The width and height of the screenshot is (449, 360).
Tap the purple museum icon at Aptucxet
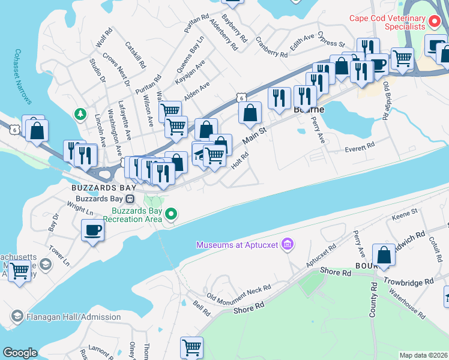[x=288, y=244]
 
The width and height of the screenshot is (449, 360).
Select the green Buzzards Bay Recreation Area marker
[x=172, y=214]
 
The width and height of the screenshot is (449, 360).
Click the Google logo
[x=19, y=353]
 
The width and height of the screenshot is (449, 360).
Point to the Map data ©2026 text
[x=423, y=355]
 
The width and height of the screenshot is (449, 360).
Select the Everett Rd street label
[x=360, y=145]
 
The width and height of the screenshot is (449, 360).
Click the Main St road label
[x=255, y=135]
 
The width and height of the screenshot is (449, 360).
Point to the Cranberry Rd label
[x=271, y=47]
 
